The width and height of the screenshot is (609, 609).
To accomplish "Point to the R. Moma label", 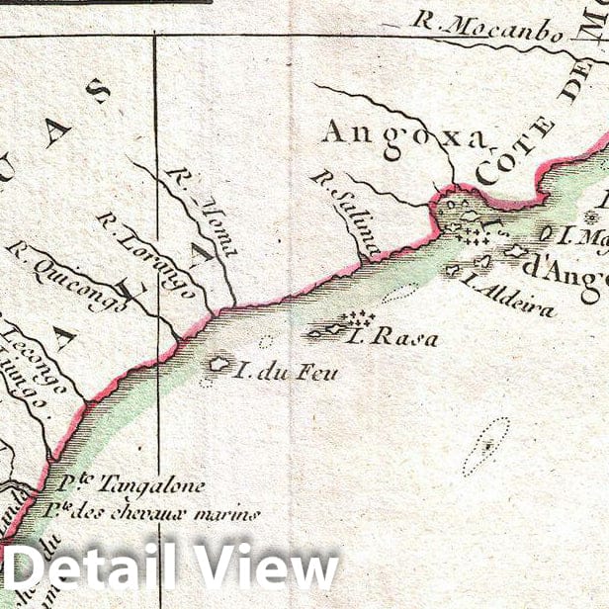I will [203, 211].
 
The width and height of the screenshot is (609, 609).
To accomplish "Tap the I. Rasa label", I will [392, 338].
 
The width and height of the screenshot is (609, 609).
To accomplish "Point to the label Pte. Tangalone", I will [130, 485].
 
